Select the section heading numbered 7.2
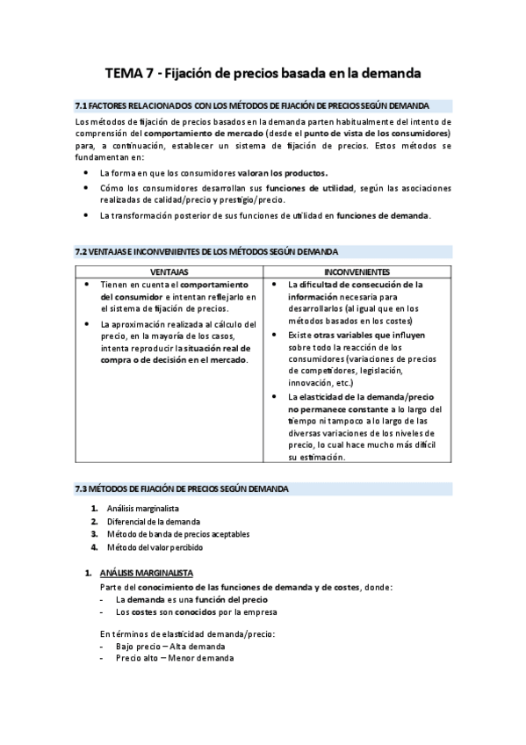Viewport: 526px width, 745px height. (x=207, y=251)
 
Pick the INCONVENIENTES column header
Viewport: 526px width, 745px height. (x=357, y=272)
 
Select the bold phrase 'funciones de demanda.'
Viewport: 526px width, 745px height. (x=384, y=215)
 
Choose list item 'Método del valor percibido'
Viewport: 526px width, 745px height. (x=155, y=546)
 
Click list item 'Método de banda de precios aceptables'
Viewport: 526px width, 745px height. (x=178, y=534)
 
